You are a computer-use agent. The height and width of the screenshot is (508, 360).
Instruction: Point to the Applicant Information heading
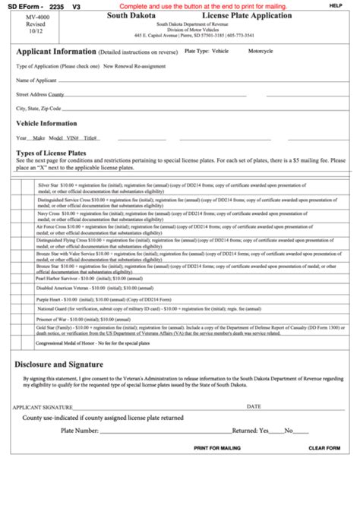click(x=56, y=51)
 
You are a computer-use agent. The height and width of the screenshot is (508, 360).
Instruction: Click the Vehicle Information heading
click(x=46, y=123)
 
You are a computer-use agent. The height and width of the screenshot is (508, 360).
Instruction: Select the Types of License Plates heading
click(x=51, y=153)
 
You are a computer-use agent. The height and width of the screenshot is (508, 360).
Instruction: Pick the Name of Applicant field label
click(x=36, y=80)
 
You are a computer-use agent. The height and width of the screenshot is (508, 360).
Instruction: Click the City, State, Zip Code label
click(x=40, y=108)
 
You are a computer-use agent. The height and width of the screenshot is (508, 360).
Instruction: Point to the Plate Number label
click(x=79, y=430)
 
